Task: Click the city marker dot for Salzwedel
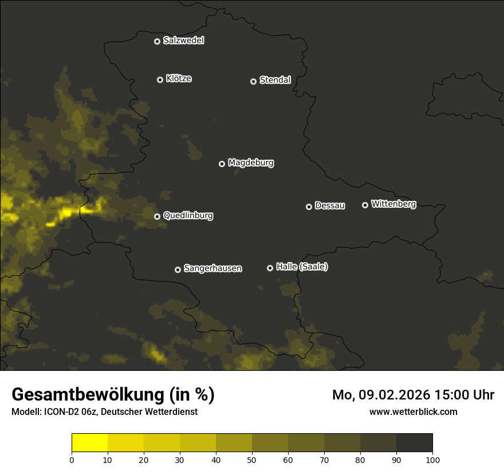coord(157,41)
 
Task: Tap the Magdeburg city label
coord(251,163)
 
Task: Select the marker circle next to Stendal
coord(253,81)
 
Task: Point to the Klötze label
coord(179,79)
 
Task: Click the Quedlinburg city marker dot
coord(157,216)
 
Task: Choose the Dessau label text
coord(330,206)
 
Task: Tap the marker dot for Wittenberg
coord(365,205)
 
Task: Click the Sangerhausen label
coord(212,268)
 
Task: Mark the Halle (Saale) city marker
coord(270,268)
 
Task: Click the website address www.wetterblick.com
coord(413,412)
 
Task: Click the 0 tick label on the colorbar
coord(72,460)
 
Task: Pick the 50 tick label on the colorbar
coord(252,460)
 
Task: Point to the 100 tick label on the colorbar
coord(432,460)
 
